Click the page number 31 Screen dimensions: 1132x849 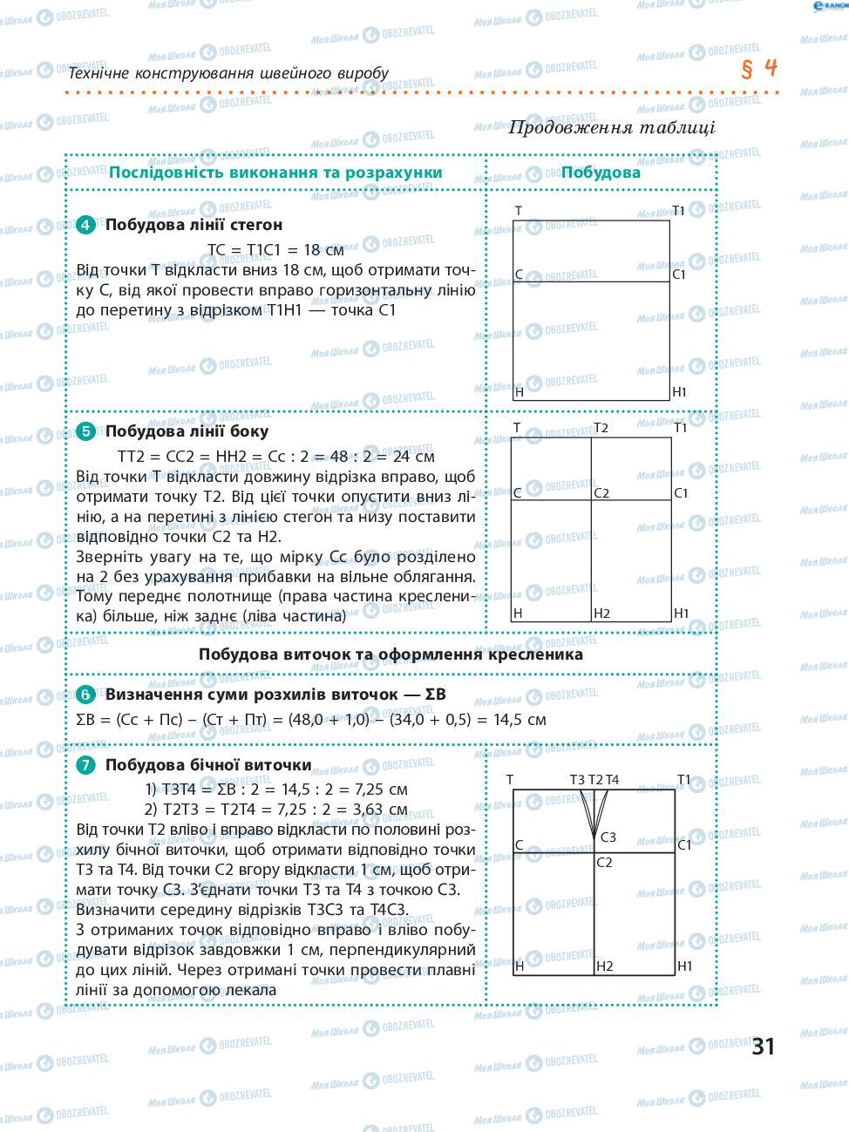(764, 1046)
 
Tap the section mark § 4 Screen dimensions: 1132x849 (759, 69)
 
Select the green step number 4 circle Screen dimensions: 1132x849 (85, 225)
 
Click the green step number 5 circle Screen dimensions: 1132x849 (85, 431)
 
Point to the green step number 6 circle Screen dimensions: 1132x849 (85, 695)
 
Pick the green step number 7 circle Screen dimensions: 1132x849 (85, 765)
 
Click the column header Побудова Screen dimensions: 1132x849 (601, 172)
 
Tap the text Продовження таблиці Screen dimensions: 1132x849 (611, 127)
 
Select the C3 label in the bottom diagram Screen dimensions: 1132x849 (608, 837)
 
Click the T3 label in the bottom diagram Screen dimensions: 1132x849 (577, 780)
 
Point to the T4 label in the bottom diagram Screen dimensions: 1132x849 (612, 780)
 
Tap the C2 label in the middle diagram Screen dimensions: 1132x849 (601, 493)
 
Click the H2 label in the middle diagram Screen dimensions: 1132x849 (601, 613)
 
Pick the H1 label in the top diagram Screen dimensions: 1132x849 (680, 392)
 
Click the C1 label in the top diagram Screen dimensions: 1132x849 (680, 275)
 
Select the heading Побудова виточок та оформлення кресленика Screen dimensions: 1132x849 (391, 654)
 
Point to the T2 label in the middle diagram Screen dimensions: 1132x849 (601, 428)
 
